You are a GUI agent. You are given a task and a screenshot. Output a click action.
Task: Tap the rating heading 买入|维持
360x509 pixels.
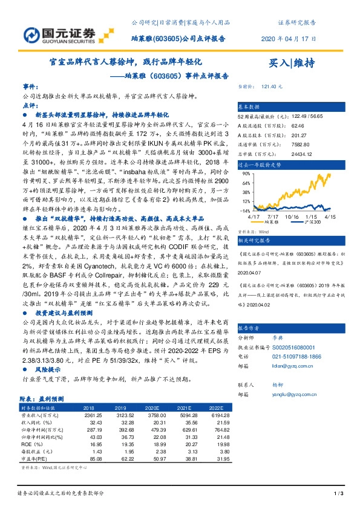coord(291,63)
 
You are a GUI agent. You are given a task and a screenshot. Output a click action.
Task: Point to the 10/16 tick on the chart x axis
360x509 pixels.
coord(292,199)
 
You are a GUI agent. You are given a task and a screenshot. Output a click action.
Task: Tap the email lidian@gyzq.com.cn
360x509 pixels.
coord(287,366)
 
